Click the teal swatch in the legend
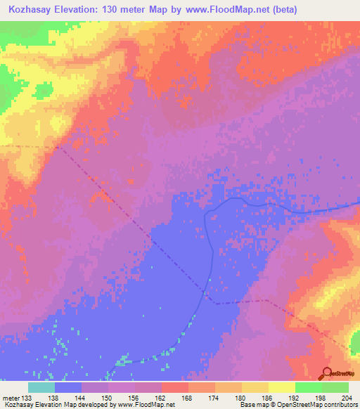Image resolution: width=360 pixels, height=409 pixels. [41, 387]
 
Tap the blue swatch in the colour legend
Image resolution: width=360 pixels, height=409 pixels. [68, 387]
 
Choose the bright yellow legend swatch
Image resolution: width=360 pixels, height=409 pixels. [282, 387]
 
